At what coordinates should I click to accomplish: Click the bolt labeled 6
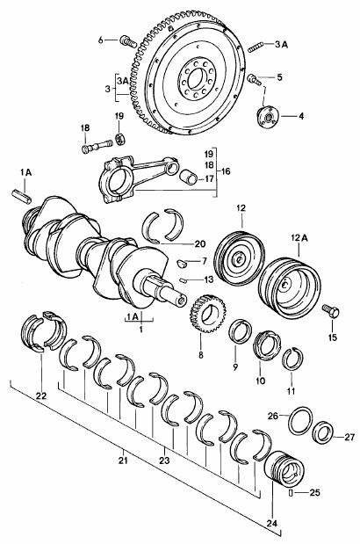click(128, 41)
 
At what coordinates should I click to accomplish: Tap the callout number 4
click(301, 116)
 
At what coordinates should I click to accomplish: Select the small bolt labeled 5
click(254, 79)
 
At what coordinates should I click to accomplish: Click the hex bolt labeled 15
click(330, 311)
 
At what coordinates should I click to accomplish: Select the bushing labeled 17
click(189, 176)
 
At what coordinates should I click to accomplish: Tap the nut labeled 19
click(120, 139)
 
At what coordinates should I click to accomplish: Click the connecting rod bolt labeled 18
click(97, 146)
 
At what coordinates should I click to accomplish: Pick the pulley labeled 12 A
click(289, 287)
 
